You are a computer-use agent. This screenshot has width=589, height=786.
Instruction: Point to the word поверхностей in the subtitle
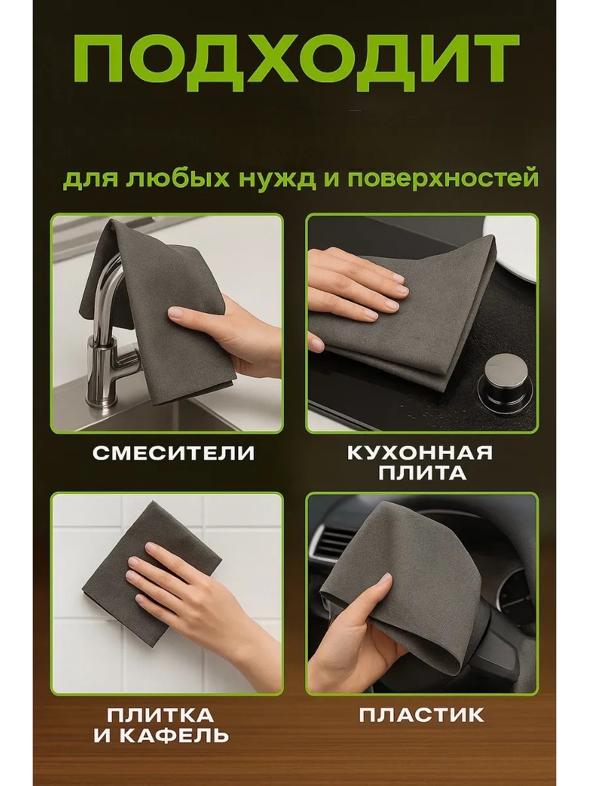443,178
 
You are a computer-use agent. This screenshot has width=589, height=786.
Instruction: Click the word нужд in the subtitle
277,178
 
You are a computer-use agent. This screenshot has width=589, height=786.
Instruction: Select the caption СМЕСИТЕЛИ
173,453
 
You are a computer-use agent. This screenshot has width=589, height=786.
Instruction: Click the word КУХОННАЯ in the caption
420,453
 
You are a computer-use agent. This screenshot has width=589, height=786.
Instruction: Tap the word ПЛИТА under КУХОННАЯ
422,473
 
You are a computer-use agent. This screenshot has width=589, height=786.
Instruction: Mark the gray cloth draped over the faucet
157,308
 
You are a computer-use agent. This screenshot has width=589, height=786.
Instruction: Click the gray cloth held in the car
401,591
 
